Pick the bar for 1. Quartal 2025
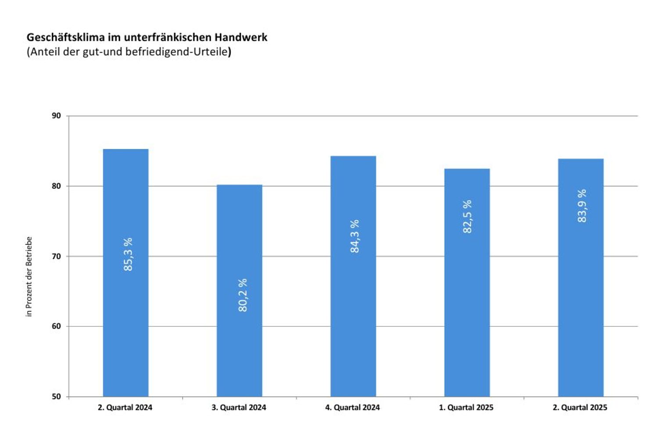click(467, 316)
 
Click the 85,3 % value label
click(128, 254)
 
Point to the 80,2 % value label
click(242, 295)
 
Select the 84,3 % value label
click(355, 236)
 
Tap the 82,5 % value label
click(467, 217)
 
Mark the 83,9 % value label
click(582, 206)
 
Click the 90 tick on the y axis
click(56, 116)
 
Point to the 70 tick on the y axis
click(56, 256)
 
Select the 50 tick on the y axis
click(56, 397)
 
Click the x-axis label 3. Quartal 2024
click(239, 408)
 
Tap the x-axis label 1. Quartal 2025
click(466, 408)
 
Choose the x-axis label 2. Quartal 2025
click(580, 408)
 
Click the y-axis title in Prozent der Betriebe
click(29, 277)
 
